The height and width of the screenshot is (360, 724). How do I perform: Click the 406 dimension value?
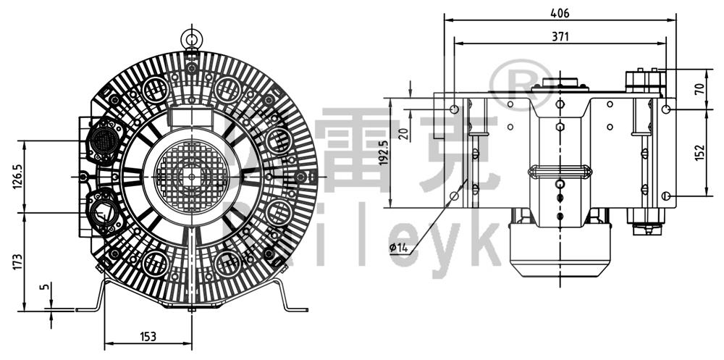560,13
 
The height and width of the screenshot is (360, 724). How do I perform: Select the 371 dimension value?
560,36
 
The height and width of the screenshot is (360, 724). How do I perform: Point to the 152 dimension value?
699,152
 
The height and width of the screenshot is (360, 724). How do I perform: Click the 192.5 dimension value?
384,152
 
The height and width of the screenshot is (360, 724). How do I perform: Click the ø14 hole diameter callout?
399,248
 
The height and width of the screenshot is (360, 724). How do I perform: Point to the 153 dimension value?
148,336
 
